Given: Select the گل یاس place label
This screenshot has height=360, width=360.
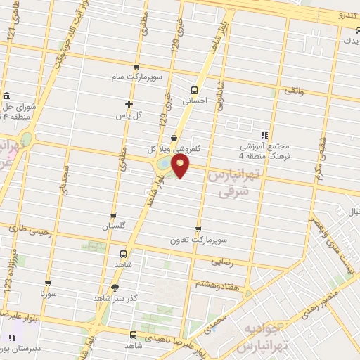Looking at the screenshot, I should pos(129,114).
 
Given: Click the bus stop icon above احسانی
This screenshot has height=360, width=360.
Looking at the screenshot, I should pos(194,89).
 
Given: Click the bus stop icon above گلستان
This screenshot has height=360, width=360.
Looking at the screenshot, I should pos(113,216).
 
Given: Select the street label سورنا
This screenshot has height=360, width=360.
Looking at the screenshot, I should pos(48,290).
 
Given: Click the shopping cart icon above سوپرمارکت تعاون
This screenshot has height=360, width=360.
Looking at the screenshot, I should pos(198,229).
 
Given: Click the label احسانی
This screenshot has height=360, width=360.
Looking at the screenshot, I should pos(194,101).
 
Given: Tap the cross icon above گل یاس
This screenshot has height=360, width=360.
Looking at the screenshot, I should pos(129,103).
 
